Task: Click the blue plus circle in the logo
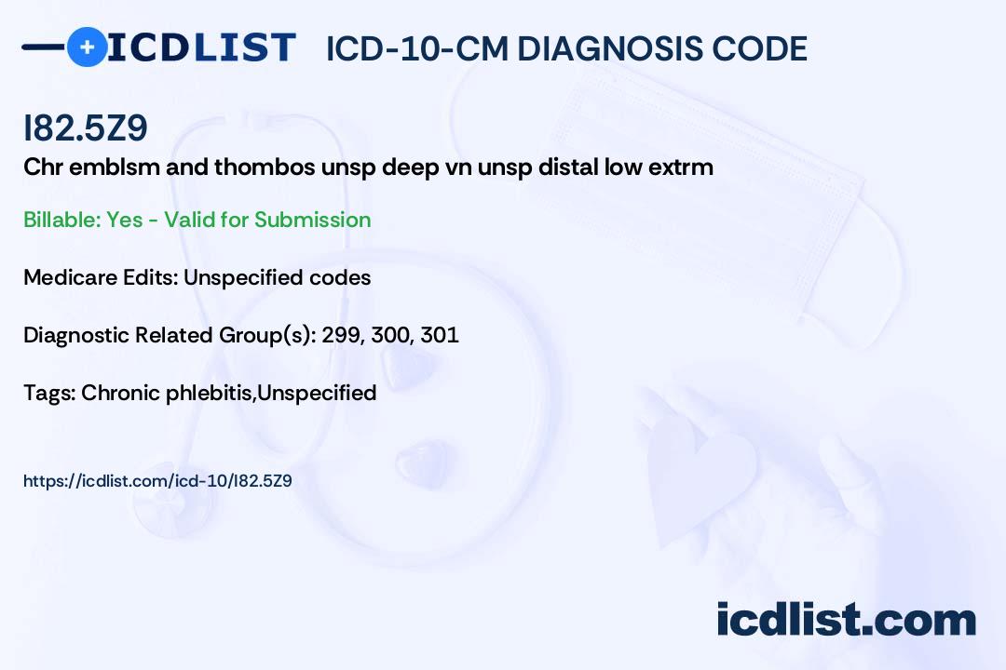pos(87,47)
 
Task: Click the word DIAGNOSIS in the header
pos(600,49)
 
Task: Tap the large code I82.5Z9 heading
pos(86,128)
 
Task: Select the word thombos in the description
pos(265,167)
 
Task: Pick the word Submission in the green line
pos(312,220)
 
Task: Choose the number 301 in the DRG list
pos(440,335)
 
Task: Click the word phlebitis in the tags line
pos(210,393)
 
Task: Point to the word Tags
pos(50,393)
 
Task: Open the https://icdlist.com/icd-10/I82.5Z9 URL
pos(157,481)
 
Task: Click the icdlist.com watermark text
pos(846,619)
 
